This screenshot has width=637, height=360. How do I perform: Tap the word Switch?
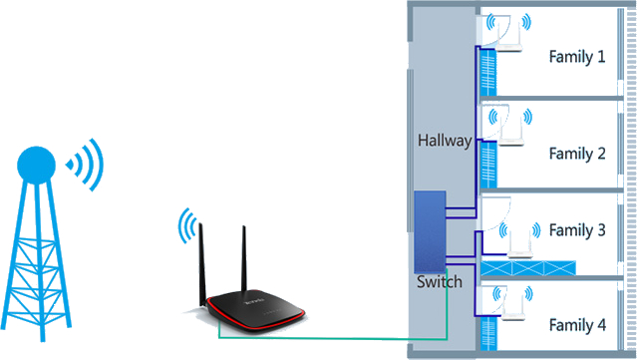click(x=439, y=282)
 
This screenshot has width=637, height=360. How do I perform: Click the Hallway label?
click(x=444, y=142)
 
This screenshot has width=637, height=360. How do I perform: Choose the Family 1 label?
click(x=576, y=57)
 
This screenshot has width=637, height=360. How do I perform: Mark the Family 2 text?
click(x=576, y=154)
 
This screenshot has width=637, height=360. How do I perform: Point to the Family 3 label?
click(x=576, y=230)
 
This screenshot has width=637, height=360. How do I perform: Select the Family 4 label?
click(x=576, y=324)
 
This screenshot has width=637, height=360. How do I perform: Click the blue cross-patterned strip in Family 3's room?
click(x=528, y=268)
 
